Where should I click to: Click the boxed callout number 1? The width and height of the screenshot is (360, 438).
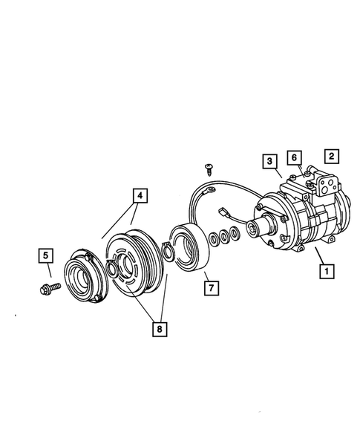[x=324, y=272]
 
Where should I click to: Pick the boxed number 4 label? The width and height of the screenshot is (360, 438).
[x=140, y=196]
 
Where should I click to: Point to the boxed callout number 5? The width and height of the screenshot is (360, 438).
[x=45, y=257]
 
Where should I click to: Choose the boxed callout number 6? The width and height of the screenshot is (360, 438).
[x=294, y=157]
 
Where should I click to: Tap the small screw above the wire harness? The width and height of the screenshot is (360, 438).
[x=210, y=168]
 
